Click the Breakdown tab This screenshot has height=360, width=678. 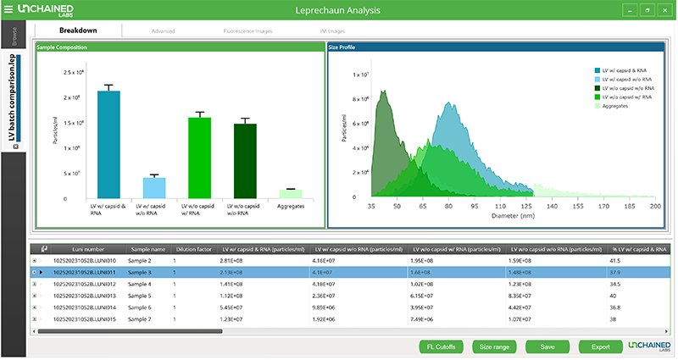pos(78,30)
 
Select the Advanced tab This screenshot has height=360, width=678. pos(163,30)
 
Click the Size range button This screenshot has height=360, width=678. pos(493,346)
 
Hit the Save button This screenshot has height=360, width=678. pos(547,346)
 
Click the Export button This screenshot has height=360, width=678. pos(599,346)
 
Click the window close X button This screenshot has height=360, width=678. pos(664,10)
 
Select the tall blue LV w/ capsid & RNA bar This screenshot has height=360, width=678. pos(108,144)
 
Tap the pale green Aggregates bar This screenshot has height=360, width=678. pos(292,194)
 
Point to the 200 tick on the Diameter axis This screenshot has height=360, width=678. pos(654,206)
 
